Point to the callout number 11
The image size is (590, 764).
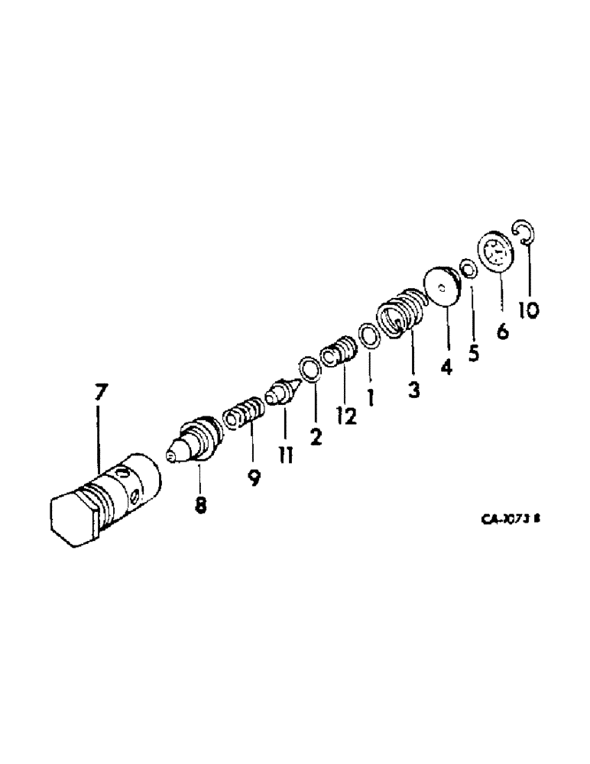285,456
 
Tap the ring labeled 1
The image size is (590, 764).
368,335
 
